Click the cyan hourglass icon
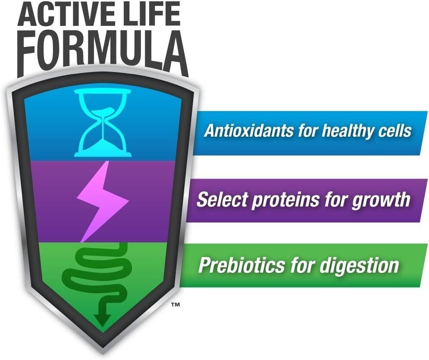tap(103, 123)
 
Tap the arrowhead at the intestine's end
tap(102, 320)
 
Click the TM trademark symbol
tap(175, 304)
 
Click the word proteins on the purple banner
tap(285, 200)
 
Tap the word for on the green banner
tap(302, 265)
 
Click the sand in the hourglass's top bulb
tap(103, 112)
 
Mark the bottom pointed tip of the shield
tap(103, 354)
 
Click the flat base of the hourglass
tap(103, 155)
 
